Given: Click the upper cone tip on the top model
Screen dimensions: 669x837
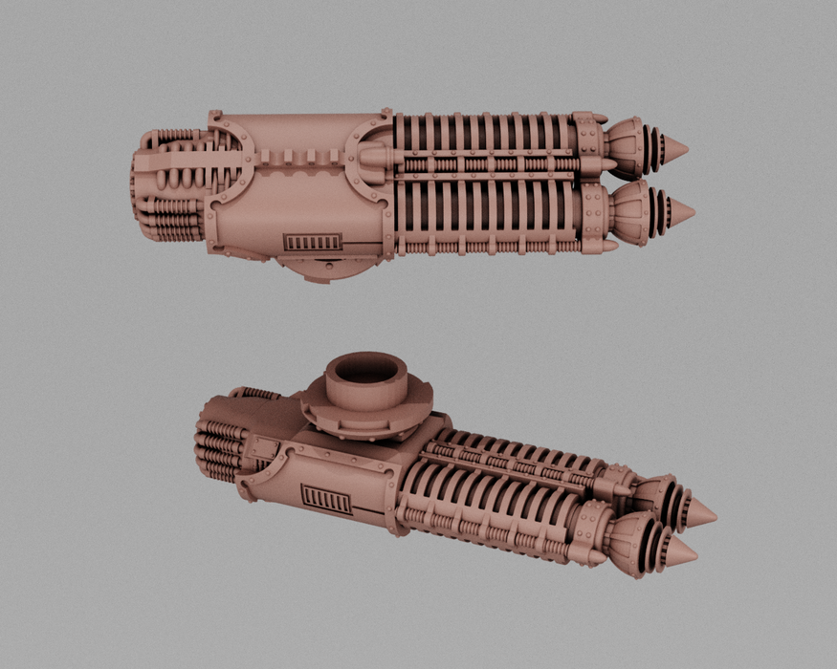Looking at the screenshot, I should (x=675, y=149).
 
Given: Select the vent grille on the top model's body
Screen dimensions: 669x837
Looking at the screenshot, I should (x=313, y=242).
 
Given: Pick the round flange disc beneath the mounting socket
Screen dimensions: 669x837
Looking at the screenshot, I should (x=367, y=419).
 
